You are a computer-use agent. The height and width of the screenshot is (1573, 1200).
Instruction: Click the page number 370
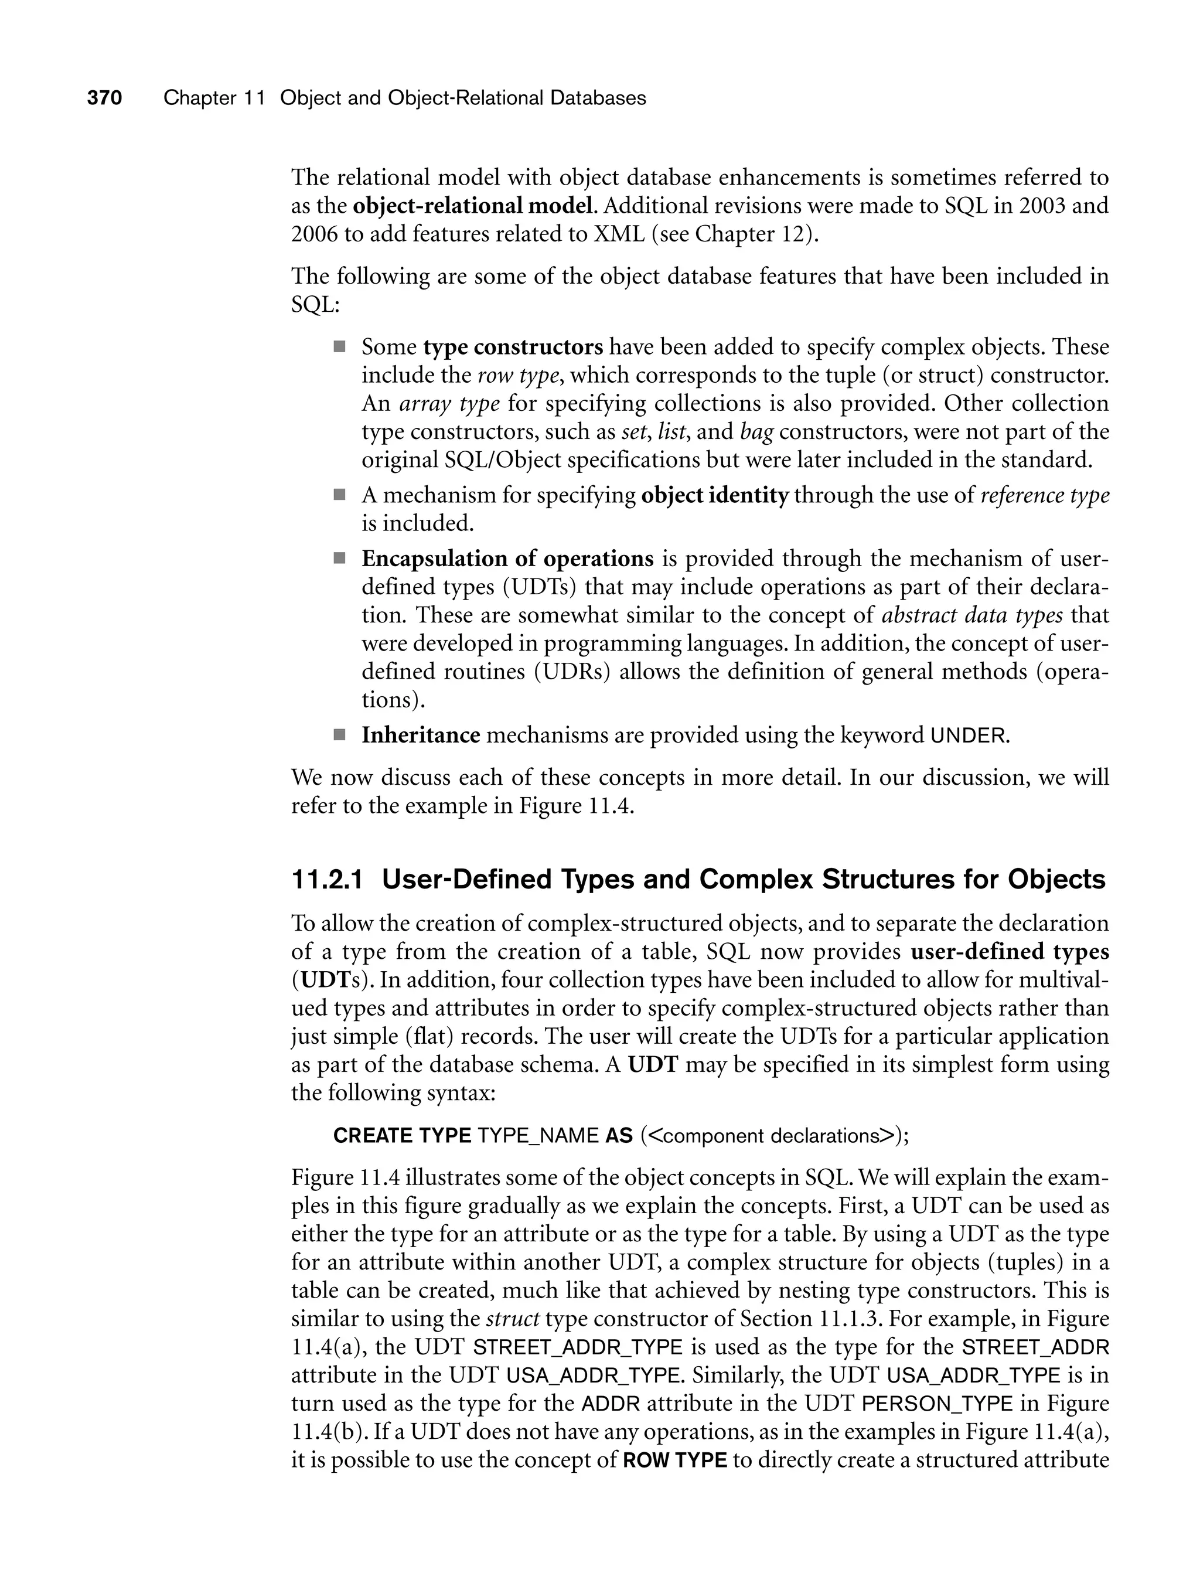pyautogui.click(x=105, y=98)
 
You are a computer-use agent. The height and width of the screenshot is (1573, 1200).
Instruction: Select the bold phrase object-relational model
pyautogui.click(x=473, y=206)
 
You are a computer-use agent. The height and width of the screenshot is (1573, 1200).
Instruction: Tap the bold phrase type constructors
pyautogui.click(x=513, y=347)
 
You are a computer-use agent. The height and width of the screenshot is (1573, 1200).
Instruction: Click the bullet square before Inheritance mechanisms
pyautogui.click(x=339, y=734)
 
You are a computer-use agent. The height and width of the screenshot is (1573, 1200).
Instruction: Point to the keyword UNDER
pyautogui.click(x=969, y=736)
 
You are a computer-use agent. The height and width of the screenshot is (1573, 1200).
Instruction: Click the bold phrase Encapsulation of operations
pyautogui.click(x=507, y=559)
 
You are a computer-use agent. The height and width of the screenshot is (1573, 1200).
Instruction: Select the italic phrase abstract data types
pyautogui.click(x=972, y=615)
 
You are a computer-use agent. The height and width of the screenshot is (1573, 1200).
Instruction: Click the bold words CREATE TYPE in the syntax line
pyautogui.click(x=402, y=1136)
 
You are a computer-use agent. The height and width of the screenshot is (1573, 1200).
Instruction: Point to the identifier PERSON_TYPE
pyautogui.click(x=937, y=1403)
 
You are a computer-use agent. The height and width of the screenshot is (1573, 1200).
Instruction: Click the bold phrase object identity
pyautogui.click(x=715, y=495)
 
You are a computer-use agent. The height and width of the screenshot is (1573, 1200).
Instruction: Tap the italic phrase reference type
pyautogui.click(x=1045, y=495)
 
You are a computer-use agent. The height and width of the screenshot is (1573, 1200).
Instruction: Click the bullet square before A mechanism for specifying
pyautogui.click(x=339, y=494)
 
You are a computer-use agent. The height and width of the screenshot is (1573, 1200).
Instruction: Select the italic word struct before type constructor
pyautogui.click(x=512, y=1319)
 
